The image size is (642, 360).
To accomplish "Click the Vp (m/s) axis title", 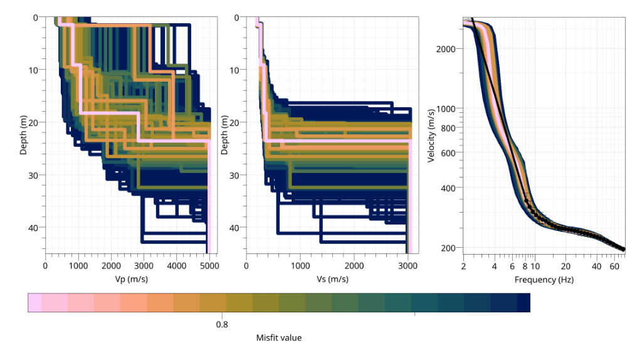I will click(x=127, y=280).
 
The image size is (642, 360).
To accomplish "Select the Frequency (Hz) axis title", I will click(x=544, y=280).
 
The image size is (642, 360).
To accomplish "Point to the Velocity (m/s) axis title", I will click(x=431, y=133).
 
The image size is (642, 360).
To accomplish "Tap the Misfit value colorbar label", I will click(x=278, y=338).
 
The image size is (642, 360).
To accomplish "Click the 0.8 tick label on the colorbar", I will click(x=222, y=324).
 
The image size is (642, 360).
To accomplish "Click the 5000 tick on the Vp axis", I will click(x=209, y=266).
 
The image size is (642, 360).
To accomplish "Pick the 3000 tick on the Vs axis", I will click(x=408, y=266).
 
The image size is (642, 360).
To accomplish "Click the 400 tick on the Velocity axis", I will click(x=451, y=188).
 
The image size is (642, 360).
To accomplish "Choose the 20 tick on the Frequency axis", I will click(x=566, y=266).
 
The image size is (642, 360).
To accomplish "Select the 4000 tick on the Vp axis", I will click(x=177, y=266).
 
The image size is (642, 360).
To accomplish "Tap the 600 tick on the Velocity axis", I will click(x=451, y=152).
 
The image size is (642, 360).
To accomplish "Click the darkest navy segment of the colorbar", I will click(x=523, y=303).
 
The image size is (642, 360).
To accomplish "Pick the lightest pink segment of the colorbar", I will click(x=34, y=303).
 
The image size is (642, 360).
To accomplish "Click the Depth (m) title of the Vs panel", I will click(x=225, y=133).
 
